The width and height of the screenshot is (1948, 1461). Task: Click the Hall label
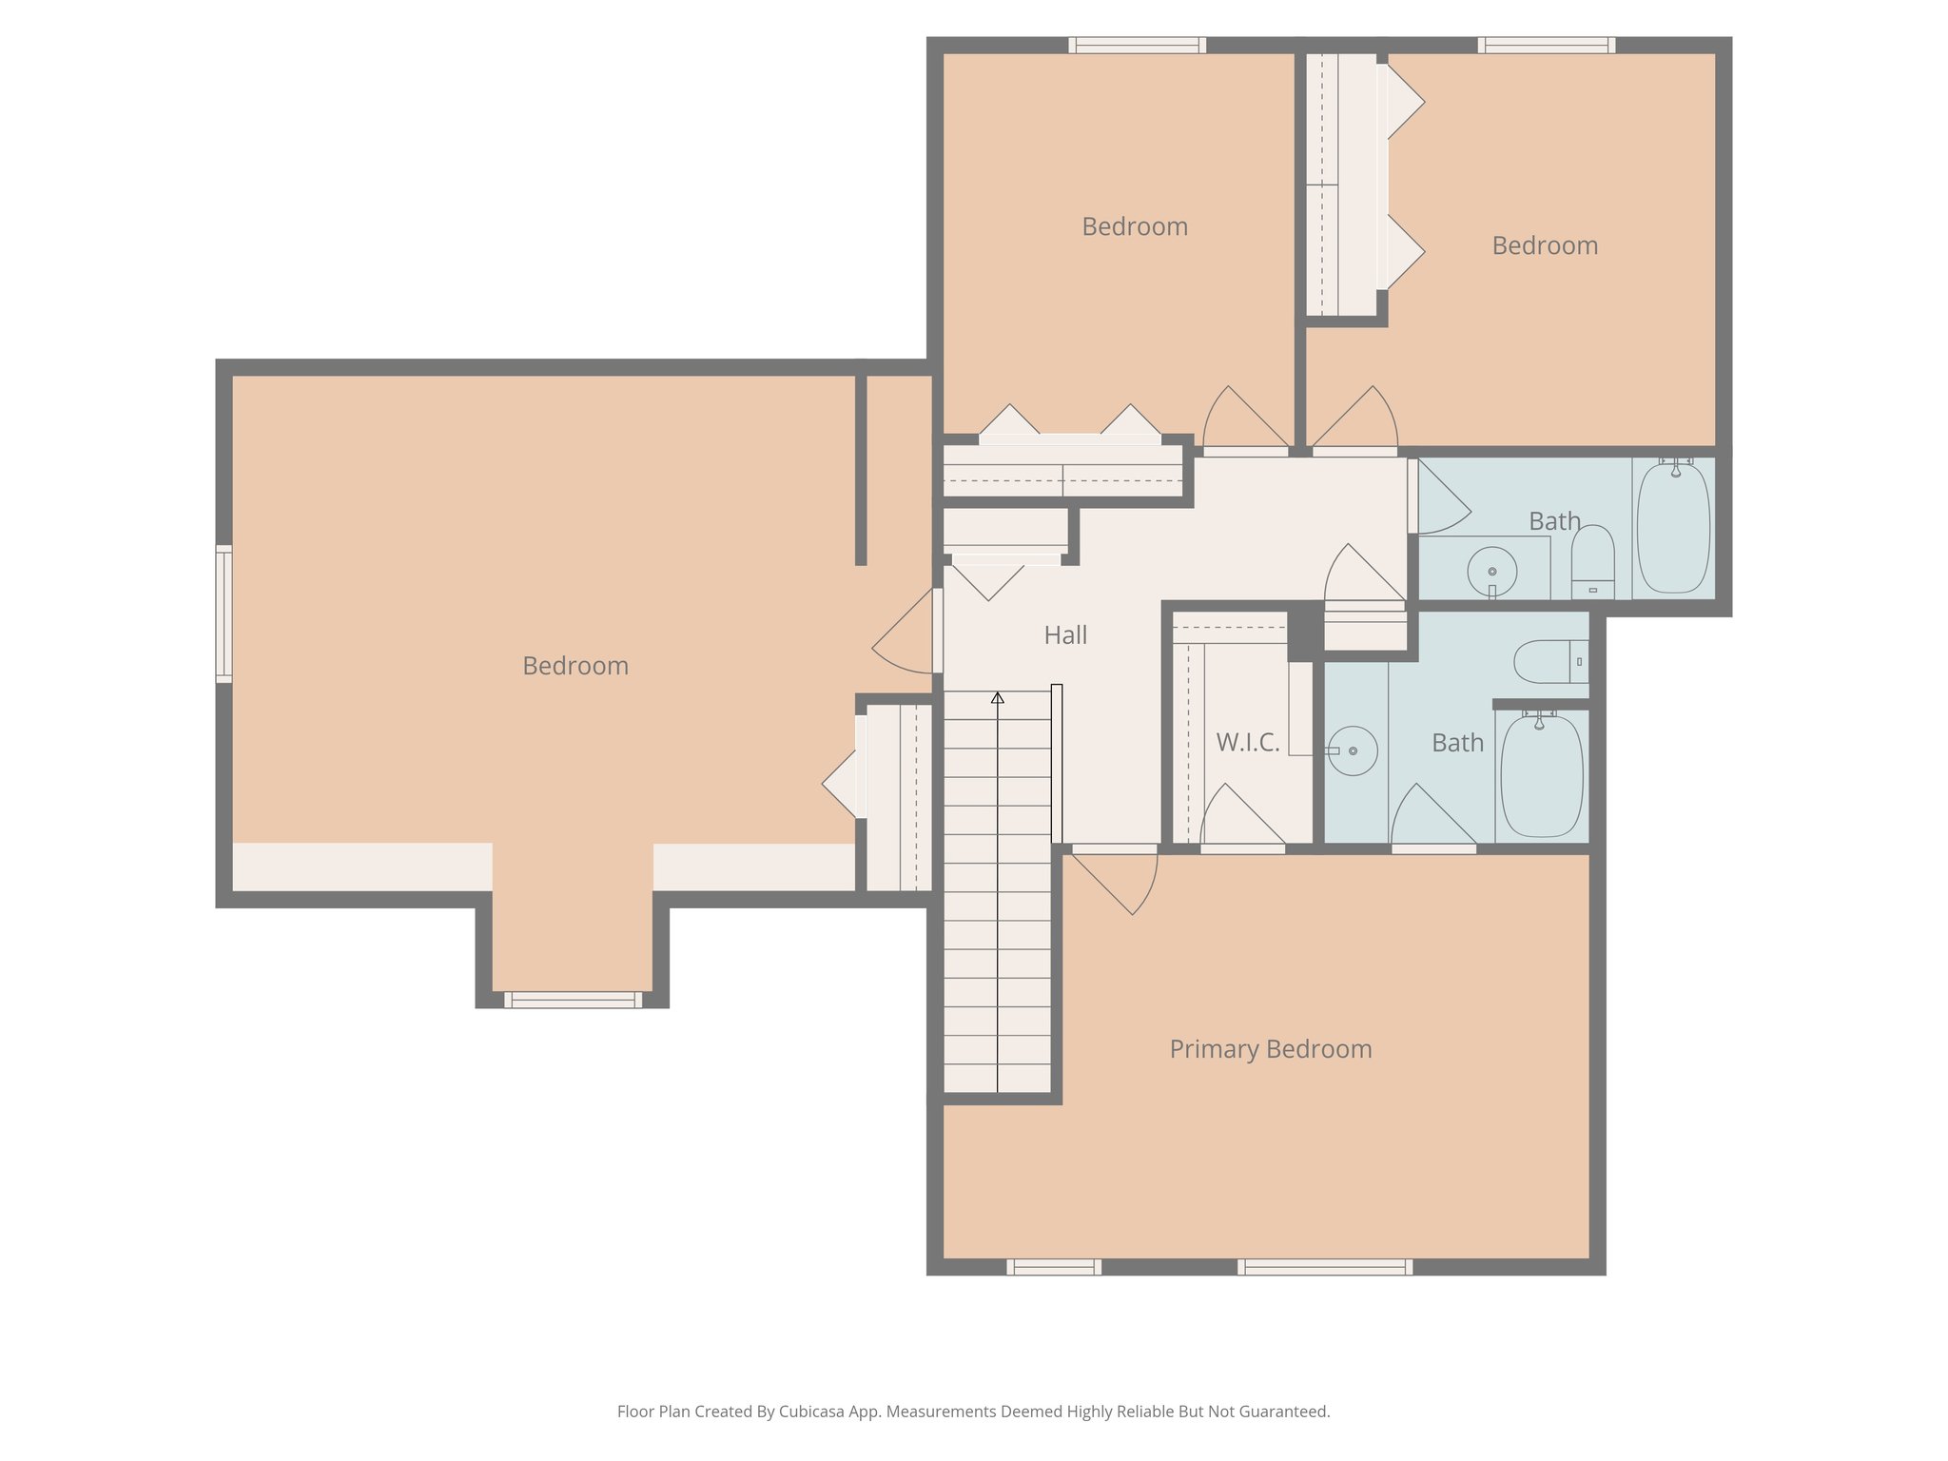pyautogui.click(x=1064, y=635)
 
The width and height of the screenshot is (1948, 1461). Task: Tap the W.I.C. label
pyautogui.click(x=1247, y=743)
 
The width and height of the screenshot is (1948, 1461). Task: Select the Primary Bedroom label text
pyautogui.click(x=1270, y=1049)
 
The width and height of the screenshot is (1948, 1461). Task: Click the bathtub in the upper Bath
pyautogui.click(x=1672, y=529)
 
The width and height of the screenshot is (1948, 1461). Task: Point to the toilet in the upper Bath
pyautogui.click(x=1592, y=562)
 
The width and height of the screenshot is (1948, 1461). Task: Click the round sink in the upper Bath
pyautogui.click(x=1491, y=571)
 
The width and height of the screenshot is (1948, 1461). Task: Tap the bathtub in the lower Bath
pyautogui.click(x=1541, y=776)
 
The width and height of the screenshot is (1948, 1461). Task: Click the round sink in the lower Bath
pyautogui.click(x=1353, y=750)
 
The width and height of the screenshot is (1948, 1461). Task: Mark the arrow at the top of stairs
pyautogui.click(x=997, y=698)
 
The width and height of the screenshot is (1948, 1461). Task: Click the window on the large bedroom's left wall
pyautogui.click(x=224, y=614)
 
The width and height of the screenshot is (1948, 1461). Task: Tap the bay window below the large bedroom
pyautogui.click(x=573, y=1000)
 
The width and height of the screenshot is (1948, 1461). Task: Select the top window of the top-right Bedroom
pyautogui.click(x=1546, y=45)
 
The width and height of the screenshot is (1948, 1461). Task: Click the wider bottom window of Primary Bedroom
pyautogui.click(x=1324, y=1267)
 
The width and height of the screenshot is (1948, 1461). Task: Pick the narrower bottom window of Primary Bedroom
pyautogui.click(x=1054, y=1267)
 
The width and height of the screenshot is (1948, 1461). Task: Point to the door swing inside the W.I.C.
pyautogui.click(x=1237, y=816)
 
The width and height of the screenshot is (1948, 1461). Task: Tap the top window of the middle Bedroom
pyautogui.click(x=1137, y=45)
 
